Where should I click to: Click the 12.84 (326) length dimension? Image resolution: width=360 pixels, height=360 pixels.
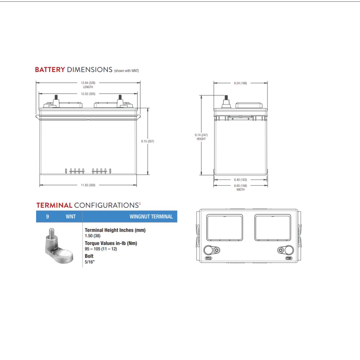coord(88,83)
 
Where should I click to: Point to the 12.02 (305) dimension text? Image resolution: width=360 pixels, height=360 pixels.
coord(88,94)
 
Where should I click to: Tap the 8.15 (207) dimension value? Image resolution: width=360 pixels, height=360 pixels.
coord(148,141)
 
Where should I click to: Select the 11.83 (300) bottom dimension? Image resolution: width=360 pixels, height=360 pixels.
coord(88,185)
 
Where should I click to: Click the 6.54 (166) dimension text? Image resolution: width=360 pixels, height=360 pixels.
coord(240,83)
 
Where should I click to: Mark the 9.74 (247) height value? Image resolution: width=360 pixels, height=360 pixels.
coord(201,135)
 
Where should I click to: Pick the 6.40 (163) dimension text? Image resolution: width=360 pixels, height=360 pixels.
coord(240,180)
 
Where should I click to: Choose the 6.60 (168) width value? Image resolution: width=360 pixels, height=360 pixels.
coord(240,186)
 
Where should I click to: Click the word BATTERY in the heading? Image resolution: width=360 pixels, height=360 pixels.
coord(50,70)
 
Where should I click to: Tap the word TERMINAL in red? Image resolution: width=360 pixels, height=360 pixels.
coord(54,205)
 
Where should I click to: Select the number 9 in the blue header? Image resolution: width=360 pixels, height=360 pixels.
coord(47,217)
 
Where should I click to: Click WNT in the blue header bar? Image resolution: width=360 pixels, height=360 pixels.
coord(70,217)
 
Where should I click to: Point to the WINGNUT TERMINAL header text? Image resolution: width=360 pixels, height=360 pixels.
coord(151,217)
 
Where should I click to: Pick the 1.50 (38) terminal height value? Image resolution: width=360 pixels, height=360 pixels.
coord(92,236)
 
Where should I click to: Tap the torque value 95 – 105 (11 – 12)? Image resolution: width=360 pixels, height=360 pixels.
coord(101,249)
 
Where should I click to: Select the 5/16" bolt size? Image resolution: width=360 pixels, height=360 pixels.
coord(90,262)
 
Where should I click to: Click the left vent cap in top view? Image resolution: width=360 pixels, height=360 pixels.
coord(225,227)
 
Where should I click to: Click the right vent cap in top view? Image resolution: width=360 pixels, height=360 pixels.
coord(272,227)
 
